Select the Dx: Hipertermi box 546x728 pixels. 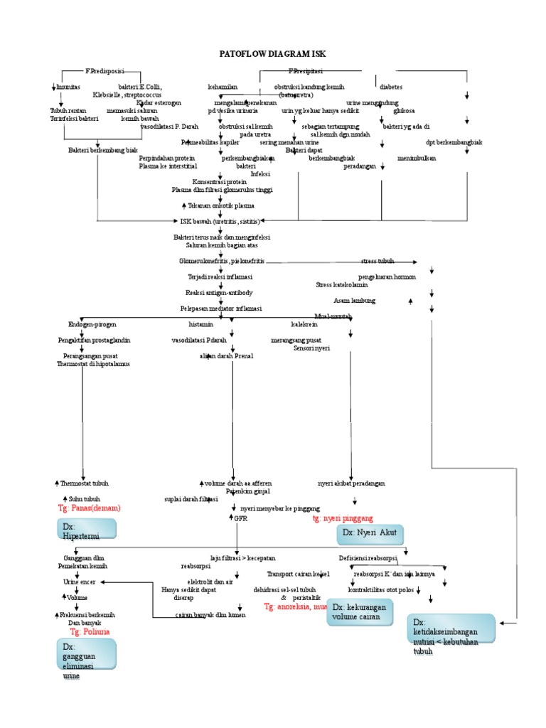pyautogui.click(x=87, y=530)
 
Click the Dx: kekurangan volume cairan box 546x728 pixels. pyautogui.click(x=360, y=612)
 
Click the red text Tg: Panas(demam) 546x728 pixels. pyautogui.click(x=90, y=508)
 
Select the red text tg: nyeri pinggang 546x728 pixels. pyautogui.click(x=343, y=519)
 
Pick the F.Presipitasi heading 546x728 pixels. pyautogui.click(x=306, y=71)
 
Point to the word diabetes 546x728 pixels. pyautogui.click(x=391, y=87)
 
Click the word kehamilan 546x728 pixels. pyautogui.click(x=222, y=87)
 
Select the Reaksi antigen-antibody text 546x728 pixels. pyautogui.click(x=219, y=293)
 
